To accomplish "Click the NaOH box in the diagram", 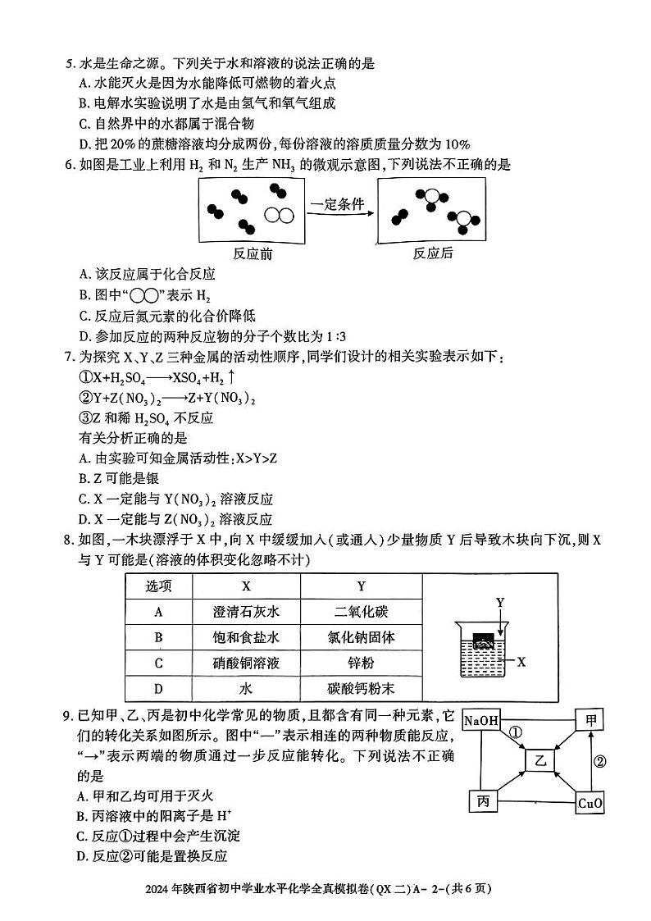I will point(481,720).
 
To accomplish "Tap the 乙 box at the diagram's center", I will point(540,761).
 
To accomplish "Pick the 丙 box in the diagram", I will point(483,801).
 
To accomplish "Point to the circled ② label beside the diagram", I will point(599,762).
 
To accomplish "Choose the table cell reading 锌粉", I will point(361,663).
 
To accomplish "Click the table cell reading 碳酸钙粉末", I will point(361,689).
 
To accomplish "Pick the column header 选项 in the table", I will point(158,586).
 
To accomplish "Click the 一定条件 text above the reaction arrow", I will point(337,205).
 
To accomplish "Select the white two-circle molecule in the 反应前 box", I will point(279,216).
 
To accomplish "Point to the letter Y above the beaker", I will point(499,603).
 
